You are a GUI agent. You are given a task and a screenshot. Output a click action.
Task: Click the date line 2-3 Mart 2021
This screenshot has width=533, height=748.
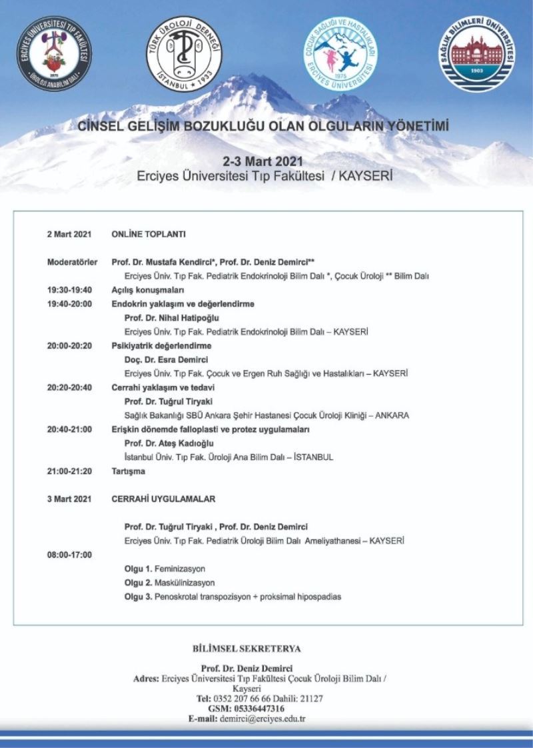265,162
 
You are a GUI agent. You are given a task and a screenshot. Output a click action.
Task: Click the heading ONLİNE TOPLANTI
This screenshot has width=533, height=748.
149,235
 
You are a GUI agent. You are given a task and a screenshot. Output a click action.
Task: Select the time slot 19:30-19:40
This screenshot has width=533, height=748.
69,290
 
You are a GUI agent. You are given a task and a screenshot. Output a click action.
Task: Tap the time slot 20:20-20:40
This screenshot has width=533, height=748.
69,387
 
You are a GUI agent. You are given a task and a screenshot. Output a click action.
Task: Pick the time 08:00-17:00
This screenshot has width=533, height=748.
69,554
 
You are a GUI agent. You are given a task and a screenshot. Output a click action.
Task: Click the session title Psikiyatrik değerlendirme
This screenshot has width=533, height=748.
161,346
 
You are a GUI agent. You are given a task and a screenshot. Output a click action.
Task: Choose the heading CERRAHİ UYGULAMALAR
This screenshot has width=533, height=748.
163,499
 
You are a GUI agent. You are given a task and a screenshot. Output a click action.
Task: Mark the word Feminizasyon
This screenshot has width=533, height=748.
180,569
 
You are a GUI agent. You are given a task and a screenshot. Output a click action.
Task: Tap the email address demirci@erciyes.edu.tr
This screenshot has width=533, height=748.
266,719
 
